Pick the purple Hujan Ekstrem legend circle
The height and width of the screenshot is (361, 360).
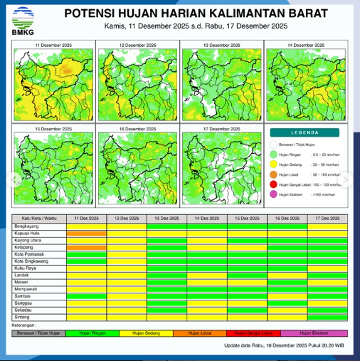274,193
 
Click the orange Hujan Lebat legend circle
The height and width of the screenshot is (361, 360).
274,173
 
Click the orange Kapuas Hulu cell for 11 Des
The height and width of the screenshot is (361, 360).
86,233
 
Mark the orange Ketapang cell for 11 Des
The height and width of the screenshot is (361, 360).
86,247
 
